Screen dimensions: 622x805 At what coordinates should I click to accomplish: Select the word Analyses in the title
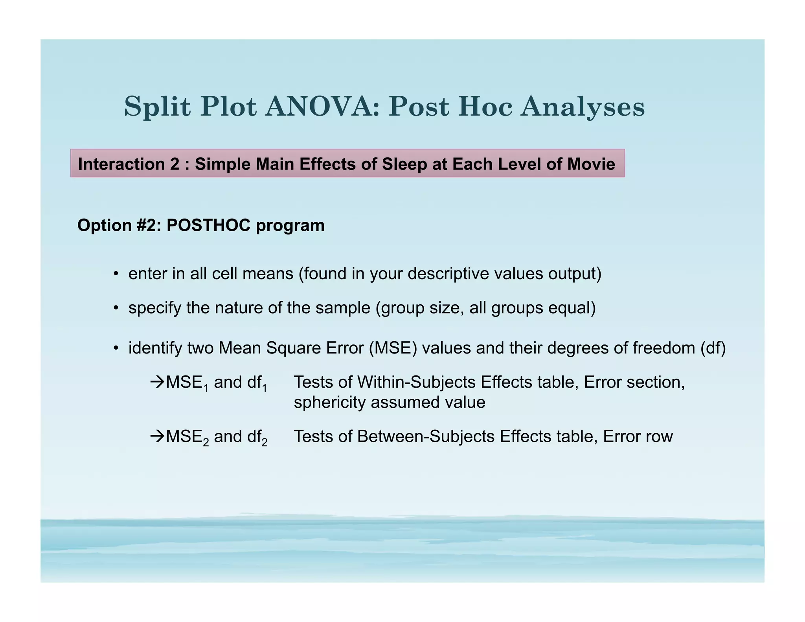coord(583,107)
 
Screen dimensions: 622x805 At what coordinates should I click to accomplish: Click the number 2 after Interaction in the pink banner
coord(175,164)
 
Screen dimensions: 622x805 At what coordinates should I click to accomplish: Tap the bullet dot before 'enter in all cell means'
coord(116,274)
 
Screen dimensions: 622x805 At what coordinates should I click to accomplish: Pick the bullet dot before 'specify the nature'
coord(116,308)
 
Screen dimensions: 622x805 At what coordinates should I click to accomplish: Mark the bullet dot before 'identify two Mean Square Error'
coord(116,348)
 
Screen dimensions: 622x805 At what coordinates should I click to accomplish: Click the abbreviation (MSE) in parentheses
coord(393,348)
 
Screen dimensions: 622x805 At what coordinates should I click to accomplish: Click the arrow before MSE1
coord(157,382)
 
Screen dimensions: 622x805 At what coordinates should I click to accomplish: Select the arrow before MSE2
coord(157,436)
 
